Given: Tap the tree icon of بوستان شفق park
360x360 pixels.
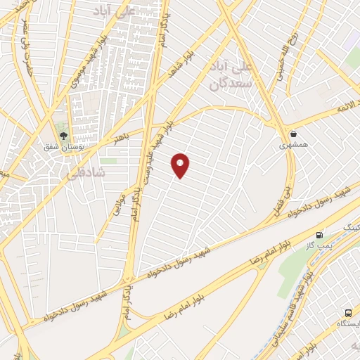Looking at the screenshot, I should (x=64, y=136).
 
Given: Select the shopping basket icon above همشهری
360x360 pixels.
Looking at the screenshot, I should (x=292, y=134).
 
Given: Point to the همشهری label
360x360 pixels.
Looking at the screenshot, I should (x=293, y=145).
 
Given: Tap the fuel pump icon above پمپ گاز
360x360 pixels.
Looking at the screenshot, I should (x=321, y=235).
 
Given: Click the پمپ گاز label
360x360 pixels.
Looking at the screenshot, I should (x=321, y=247).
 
